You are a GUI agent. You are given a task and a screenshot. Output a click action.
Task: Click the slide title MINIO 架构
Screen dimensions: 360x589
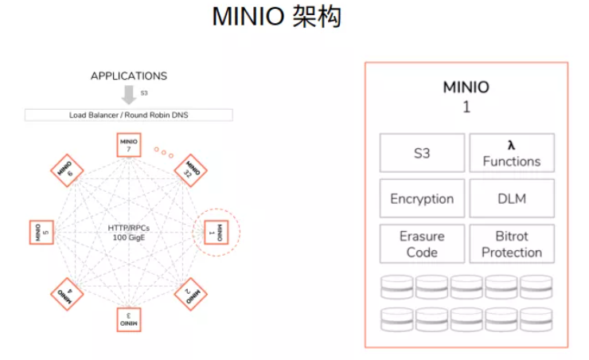pos(276,18)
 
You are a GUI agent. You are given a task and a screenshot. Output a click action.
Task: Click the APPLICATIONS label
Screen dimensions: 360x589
pos(129,76)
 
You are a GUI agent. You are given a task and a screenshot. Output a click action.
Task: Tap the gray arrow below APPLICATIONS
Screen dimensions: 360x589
pos(129,95)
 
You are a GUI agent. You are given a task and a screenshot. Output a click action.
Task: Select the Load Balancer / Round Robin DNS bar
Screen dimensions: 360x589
pos(128,115)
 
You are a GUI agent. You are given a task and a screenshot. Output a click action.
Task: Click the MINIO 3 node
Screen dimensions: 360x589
pos(130,320)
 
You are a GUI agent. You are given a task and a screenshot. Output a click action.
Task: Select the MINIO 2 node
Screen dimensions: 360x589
pos(191,295)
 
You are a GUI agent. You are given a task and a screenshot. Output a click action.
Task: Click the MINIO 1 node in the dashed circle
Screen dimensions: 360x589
pos(216,233)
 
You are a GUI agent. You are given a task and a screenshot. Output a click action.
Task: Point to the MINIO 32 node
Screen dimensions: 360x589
pos(191,170)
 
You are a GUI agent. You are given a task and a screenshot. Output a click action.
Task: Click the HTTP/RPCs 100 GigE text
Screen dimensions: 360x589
pos(130,233)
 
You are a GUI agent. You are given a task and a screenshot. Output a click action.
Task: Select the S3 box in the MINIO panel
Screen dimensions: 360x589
pos(421,153)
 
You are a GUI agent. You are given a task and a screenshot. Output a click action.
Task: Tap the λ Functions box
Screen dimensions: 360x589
pos(511,153)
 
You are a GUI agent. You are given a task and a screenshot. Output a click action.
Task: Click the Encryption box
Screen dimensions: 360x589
pos(421,198)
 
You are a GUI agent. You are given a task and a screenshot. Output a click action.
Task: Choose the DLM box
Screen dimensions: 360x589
pos(511,198)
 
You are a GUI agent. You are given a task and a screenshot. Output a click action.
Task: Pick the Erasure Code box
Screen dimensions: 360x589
pos(421,244)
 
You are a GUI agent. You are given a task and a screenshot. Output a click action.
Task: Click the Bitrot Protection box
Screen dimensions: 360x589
pos(511,244)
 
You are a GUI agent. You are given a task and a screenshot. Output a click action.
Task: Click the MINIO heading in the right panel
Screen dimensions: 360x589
pos(466,88)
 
